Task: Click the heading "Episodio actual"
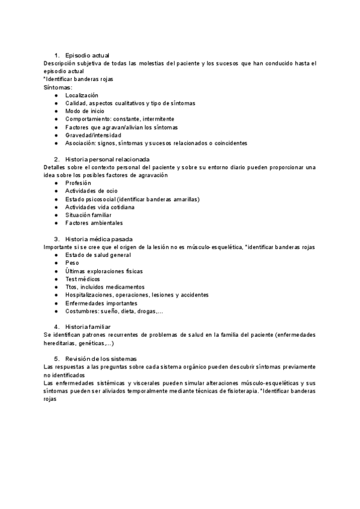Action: point(87,55)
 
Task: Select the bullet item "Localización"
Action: point(82,95)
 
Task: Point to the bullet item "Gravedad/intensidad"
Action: point(93,136)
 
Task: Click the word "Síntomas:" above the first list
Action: point(58,88)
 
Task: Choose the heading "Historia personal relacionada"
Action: point(107,159)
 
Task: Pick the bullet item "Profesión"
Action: point(79,183)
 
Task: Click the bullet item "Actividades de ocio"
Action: point(91,191)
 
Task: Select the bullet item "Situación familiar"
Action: point(88,215)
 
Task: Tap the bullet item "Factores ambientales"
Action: point(94,223)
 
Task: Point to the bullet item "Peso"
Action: point(72,263)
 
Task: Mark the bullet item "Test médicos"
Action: point(83,279)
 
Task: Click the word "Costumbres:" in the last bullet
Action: point(82,311)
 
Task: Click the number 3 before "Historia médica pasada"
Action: point(56,239)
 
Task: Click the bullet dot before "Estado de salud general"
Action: point(56,255)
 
